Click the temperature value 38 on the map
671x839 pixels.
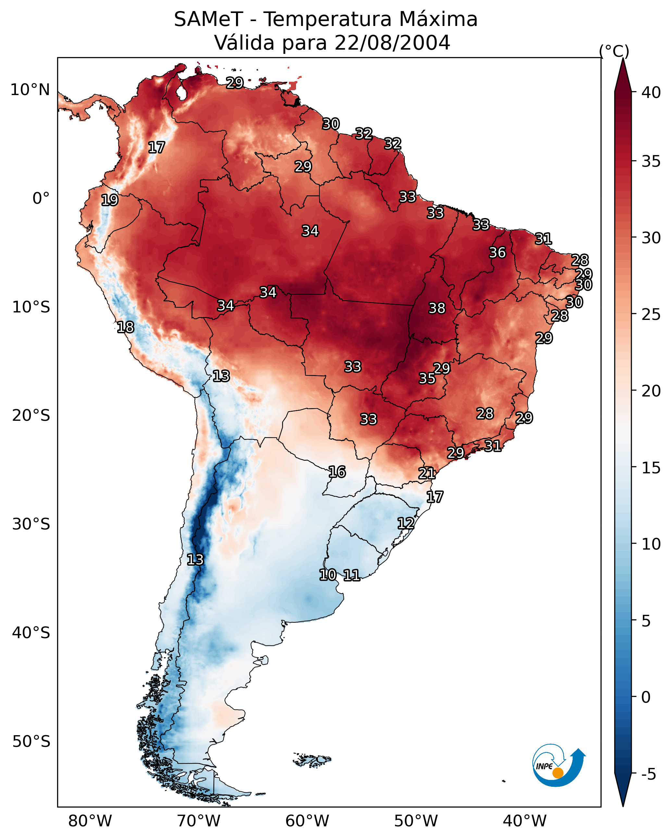coord(437,308)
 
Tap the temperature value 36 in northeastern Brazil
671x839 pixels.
coord(497,252)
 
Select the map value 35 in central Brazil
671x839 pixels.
coord(427,378)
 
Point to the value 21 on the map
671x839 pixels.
coord(427,473)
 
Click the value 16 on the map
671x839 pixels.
coord(337,472)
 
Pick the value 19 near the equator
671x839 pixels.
coord(109,200)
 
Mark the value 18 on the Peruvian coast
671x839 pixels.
coord(125,327)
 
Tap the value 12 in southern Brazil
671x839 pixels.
coord(405,523)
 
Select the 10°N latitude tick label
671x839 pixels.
coord(30,90)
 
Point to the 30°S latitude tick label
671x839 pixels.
coord(31,524)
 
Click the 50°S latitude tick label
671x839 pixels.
coord(31,741)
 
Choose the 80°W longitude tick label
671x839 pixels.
coord(90,821)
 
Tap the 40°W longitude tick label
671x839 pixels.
coord(525,821)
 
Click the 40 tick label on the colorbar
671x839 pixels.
coord(651,92)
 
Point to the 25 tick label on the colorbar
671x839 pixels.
coord(651,314)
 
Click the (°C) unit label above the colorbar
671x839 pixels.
coord(614,51)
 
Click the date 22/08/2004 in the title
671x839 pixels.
coord(392,43)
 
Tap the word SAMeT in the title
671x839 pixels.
coord(208,19)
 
